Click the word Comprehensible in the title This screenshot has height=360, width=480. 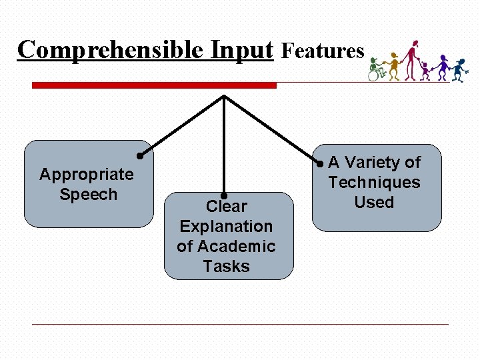coord(111,50)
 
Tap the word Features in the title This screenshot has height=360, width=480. coord(323,51)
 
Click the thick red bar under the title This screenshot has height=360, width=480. coord(154,85)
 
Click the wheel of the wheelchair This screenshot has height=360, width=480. coord(373,75)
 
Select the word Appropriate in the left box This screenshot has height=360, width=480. coord(87,175)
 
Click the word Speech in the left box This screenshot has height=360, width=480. coord(88,195)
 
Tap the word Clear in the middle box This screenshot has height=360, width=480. coord(227,207)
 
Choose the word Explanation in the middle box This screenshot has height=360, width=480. coord(226,227)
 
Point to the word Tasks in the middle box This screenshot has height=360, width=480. coord(226,267)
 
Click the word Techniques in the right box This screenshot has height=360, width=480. coord(374,183)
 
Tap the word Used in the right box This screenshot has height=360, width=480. coord(374,203)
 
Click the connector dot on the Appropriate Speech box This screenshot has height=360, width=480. coord(141,156)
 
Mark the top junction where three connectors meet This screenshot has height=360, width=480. coord(224,96)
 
